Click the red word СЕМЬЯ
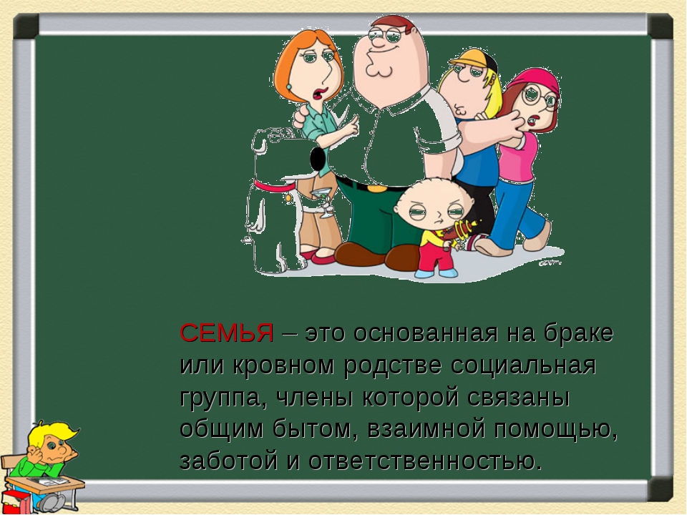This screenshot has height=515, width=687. [x=227, y=333]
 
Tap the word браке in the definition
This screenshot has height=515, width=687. [x=578, y=333]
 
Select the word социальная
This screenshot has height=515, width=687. [x=524, y=366]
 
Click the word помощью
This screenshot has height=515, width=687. [x=556, y=429]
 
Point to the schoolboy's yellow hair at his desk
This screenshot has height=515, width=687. [x=49, y=433]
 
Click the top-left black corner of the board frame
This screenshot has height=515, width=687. [x=26, y=26]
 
